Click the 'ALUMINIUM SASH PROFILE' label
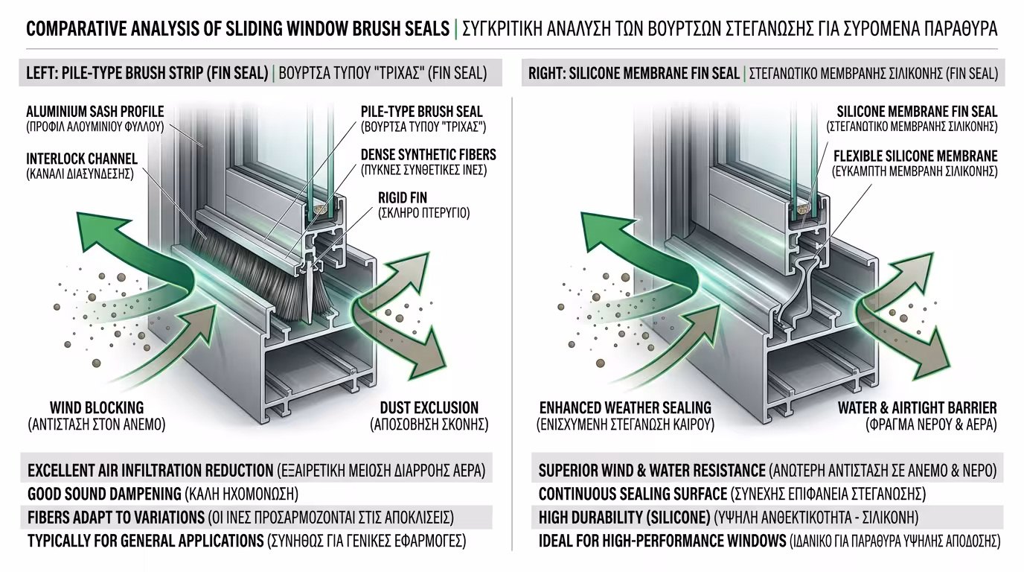pos(95,112)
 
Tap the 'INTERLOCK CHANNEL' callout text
pos(82,159)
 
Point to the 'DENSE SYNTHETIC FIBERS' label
pos(428,155)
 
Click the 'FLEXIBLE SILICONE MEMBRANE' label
pos(915,156)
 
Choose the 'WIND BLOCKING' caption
pos(97,408)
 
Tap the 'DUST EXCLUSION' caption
pos(429,408)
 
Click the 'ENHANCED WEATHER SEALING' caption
pos(625,408)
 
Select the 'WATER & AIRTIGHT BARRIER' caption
pos(917,408)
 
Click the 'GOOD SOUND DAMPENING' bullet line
pos(104,494)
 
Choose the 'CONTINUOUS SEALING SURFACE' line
pos(633,494)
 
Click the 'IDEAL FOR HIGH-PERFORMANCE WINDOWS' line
pos(662,541)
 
